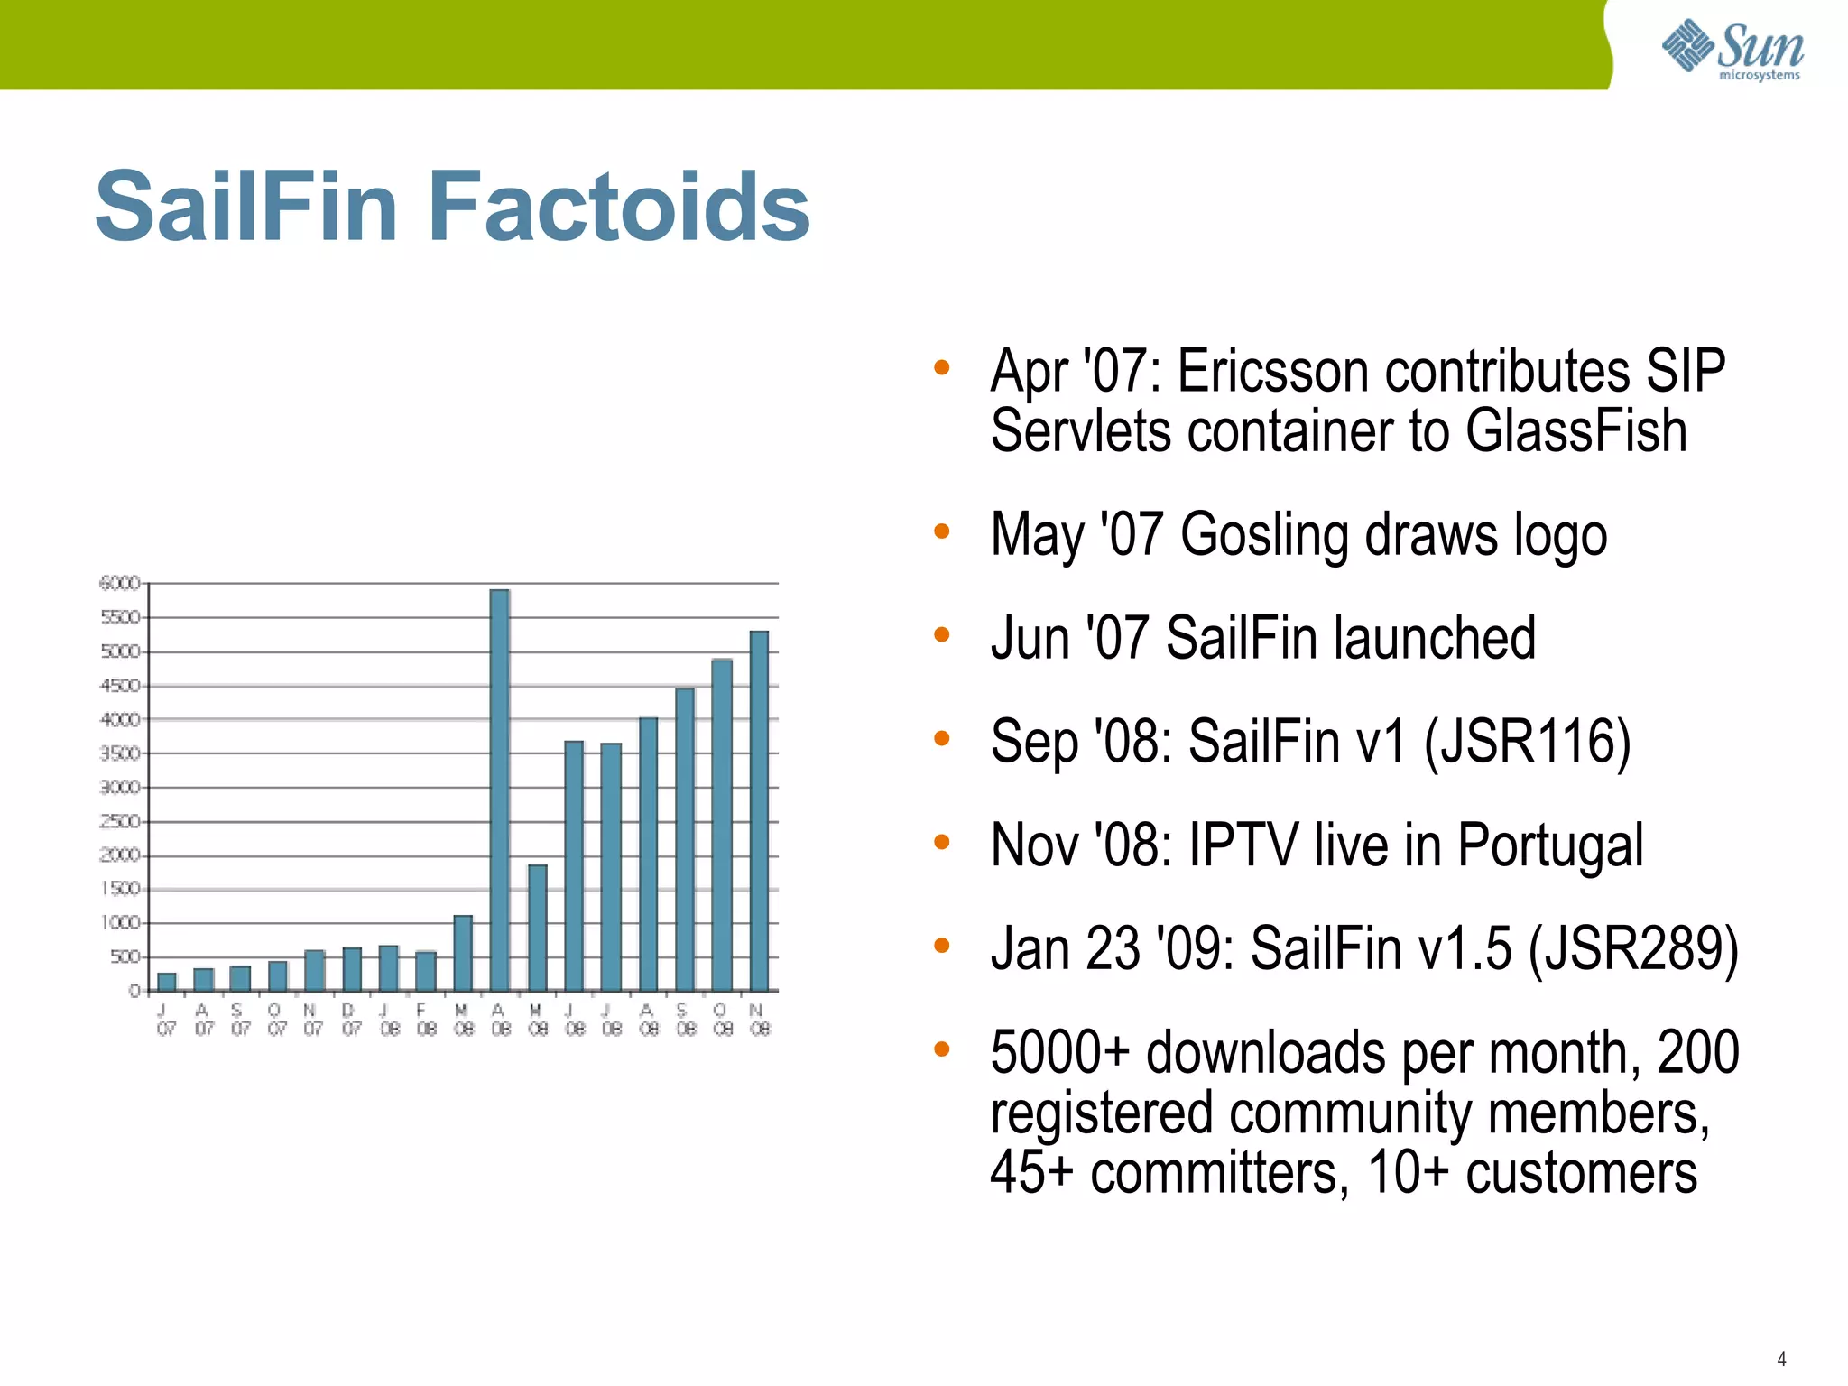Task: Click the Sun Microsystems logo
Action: click(x=1732, y=49)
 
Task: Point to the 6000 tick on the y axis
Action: click(x=120, y=584)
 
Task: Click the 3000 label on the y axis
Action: click(x=120, y=788)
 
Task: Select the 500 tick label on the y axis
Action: click(x=125, y=957)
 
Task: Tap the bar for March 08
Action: click(x=463, y=953)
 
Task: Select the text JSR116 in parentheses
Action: click(x=1527, y=742)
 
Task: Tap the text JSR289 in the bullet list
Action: click(x=1632, y=949)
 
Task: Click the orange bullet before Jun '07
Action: click(x=942, y=634)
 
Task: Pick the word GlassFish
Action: click(x=1575, y=430)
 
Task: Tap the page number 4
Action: click(x=1781, y=1358)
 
